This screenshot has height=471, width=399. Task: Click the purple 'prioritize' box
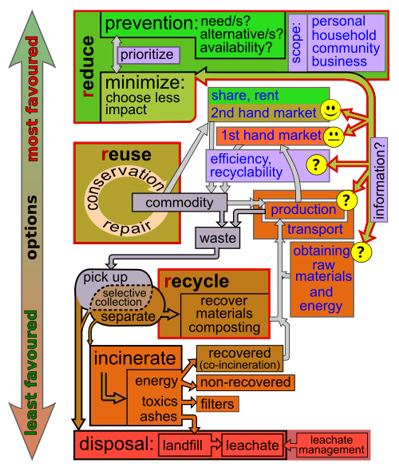(148, 55)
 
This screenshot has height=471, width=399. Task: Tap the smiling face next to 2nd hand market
(330, 110)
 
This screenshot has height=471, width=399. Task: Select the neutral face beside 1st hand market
(334, 137)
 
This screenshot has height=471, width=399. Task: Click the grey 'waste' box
(218, 238)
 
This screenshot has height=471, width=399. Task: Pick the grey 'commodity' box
(180, 203)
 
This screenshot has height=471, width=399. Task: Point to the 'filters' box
(218, 404)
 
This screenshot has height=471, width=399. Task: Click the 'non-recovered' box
(246, 382)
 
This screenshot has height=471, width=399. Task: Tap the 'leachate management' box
(332, 445)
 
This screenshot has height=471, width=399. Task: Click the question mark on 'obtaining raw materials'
(361, 251)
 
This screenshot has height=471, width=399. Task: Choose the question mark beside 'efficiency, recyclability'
(316, 164)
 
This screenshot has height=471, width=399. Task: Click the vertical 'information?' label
(379, 180)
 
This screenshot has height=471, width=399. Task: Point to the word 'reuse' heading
(126, 154)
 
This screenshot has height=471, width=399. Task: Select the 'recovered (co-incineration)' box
(240, 358)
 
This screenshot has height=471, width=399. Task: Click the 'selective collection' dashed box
(121, 297)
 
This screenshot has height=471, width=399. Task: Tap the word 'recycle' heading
(197, 282)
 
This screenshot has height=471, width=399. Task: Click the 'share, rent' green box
(269, 96)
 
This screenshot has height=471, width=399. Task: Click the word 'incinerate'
(135, 358)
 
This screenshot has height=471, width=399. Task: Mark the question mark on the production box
(347, 200)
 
